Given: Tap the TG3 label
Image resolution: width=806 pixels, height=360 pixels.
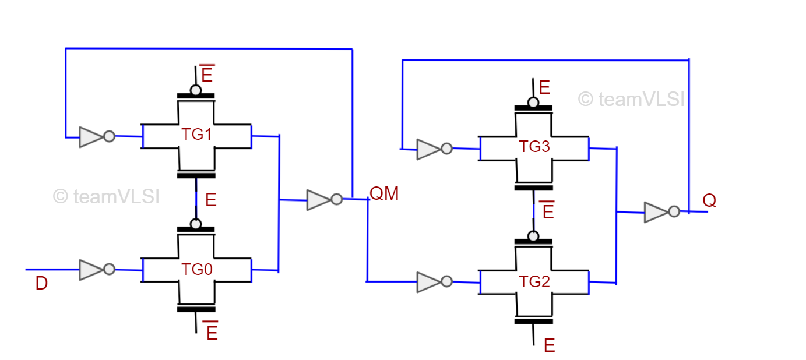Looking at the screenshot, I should (534, 147).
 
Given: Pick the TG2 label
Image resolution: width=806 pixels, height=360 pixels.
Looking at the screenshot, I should (534, 282).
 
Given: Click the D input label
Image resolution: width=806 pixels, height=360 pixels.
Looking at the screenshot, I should (41, 284).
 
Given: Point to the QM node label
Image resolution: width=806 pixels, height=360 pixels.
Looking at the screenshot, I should (385, 193).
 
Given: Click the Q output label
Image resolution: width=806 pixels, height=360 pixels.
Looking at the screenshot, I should (709, 200).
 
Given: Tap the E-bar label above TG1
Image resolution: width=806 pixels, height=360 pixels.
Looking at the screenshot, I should (207, 75).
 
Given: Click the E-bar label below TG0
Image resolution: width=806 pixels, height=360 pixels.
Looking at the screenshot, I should (211, 332).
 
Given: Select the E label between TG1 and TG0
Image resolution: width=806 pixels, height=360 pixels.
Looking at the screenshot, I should (210, 200).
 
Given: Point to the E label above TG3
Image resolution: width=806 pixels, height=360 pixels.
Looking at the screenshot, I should (544, 88).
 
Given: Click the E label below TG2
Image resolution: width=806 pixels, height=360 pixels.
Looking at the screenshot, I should (549, 345).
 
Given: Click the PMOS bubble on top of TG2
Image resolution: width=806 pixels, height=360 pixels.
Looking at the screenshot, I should (533, 236).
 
